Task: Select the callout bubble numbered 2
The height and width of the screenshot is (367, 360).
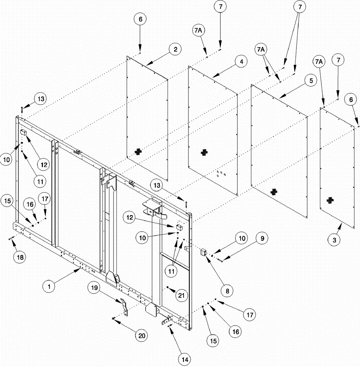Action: point(175,50)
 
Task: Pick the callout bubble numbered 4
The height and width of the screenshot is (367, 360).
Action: point(241,62)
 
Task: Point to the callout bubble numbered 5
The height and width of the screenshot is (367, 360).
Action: point(310,81)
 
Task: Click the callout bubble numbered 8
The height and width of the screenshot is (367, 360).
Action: point(227,291)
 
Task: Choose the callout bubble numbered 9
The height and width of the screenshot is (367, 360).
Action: point(262,239)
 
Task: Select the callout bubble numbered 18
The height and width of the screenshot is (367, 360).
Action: point(20,257)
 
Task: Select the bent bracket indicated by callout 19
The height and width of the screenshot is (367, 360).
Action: point(125,306)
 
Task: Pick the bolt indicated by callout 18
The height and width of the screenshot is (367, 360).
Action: point(11,239)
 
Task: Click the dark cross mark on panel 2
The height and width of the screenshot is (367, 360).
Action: point(138,151)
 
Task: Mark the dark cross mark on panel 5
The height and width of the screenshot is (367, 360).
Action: point(273,191)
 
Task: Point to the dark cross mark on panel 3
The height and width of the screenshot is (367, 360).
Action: point(331,200)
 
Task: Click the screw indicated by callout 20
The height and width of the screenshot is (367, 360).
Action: point(114,318)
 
